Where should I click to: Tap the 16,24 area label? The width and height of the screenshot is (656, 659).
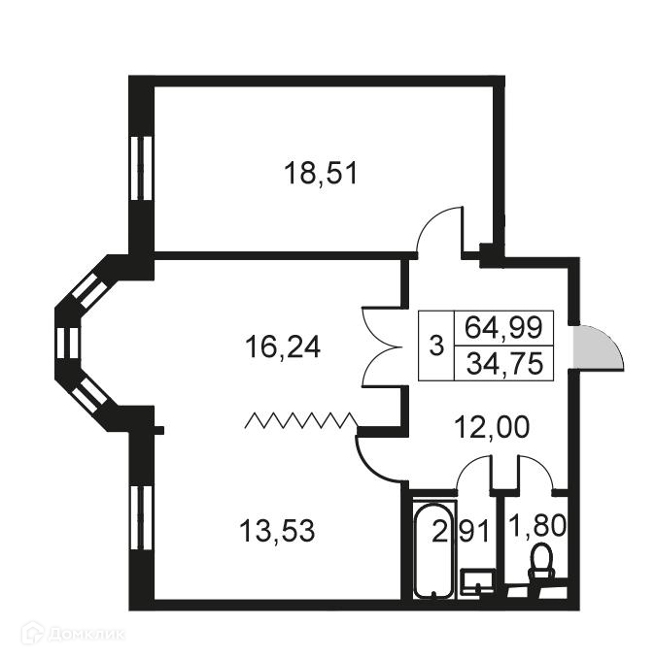[x=283, y=346]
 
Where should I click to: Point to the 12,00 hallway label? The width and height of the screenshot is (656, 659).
[x=494, y=426]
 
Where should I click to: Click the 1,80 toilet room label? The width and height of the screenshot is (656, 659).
[x=536, y=529]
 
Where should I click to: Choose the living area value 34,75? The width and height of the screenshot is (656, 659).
[x=503, y=364]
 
